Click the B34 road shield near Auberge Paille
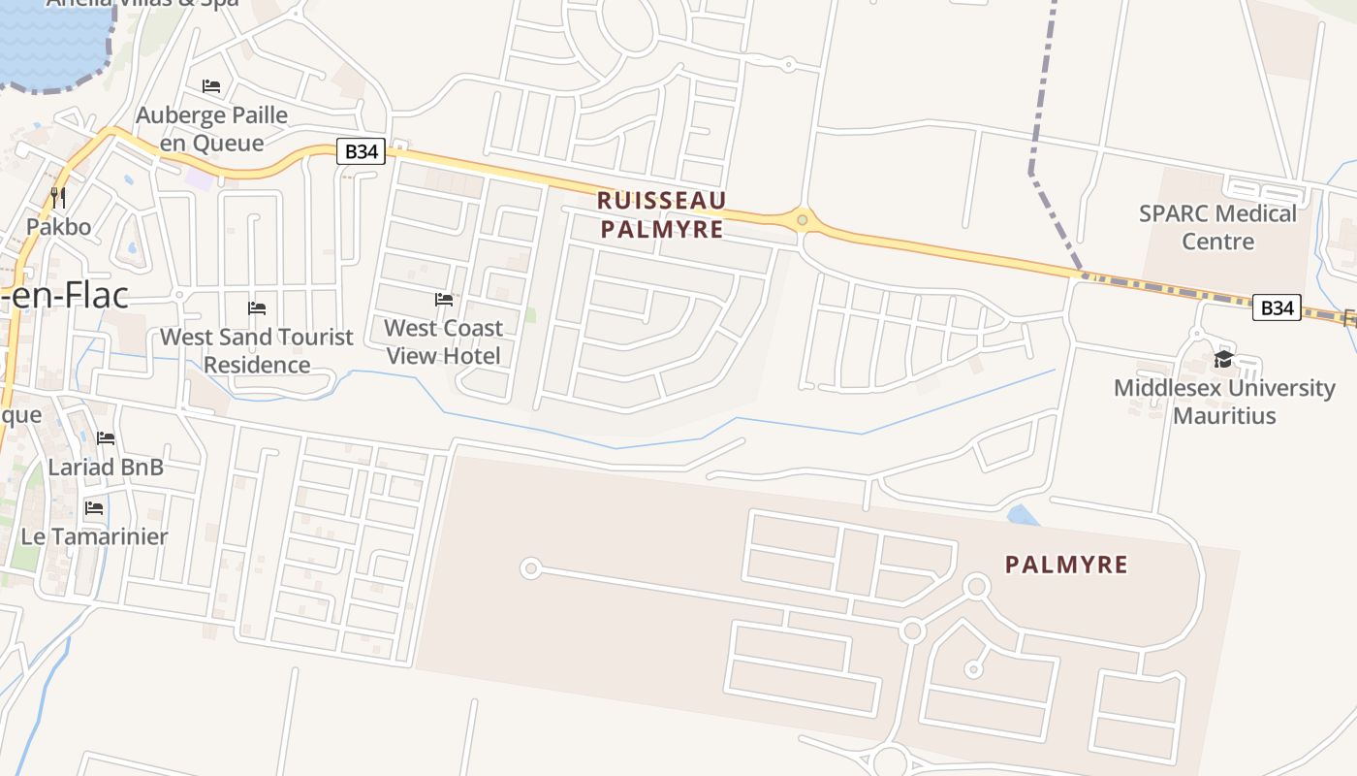[x=362, y=151]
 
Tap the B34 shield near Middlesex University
[x=1277, y=308]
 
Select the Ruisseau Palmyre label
[x=662, y=214]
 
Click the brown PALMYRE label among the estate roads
[x=1066, y=565]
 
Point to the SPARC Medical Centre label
[x=1217, y=227]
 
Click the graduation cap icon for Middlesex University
[x=1223, y=360]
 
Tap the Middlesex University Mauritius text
[x=1224, y=402]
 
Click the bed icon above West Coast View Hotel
[x=444, y=300]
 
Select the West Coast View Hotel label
[x=444, y=341]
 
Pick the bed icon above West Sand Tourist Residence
[x=257, y=308]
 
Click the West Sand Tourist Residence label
[x=257, y=350]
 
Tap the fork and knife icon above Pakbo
[x=58, y=198]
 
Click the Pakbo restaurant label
[x=58, y=227]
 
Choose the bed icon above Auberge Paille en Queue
[x=211, y=86]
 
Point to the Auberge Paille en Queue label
[x=211, y=129]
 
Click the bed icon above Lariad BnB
[x=106, y=438]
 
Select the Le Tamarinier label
[x=94, y=536]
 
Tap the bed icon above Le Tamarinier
[x=94, y=507]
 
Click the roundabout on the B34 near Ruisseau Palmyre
[x=802, y=220]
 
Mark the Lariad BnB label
[x=106, y=467]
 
